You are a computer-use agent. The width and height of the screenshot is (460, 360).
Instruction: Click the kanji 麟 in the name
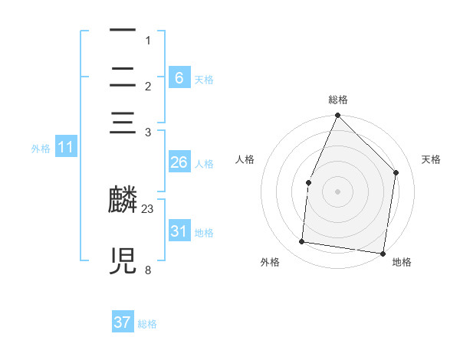point(123,201)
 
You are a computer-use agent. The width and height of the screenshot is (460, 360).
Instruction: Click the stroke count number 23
point(148,208)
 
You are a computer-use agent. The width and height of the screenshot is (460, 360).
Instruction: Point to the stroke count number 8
point(148,270)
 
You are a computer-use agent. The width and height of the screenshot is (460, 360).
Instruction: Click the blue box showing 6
point(179,78)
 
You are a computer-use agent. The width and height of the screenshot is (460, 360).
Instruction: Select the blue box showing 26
point(179,162)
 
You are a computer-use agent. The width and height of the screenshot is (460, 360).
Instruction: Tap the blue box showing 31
point(179,231)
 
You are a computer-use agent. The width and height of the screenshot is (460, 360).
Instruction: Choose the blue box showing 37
point(123,322)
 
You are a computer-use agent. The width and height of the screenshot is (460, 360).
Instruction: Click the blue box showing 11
point(65,147)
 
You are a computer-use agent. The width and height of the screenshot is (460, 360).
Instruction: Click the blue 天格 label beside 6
point(204,80)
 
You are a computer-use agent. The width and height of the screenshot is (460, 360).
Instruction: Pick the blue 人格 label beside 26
point(204,164)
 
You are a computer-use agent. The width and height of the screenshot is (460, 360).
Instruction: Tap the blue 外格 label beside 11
point(41,149)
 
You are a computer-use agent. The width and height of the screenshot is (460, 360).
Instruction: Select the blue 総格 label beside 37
point(147,324)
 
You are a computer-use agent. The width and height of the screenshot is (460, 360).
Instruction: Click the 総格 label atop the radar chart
point(338,100)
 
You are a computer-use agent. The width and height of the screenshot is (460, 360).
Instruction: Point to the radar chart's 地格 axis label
point(402,262)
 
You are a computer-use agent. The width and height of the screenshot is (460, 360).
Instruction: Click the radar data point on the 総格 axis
point(338,116)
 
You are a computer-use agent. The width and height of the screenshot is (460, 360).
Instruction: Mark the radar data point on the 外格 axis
point(302,242)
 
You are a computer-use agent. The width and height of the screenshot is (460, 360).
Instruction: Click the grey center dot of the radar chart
point(338,191)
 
